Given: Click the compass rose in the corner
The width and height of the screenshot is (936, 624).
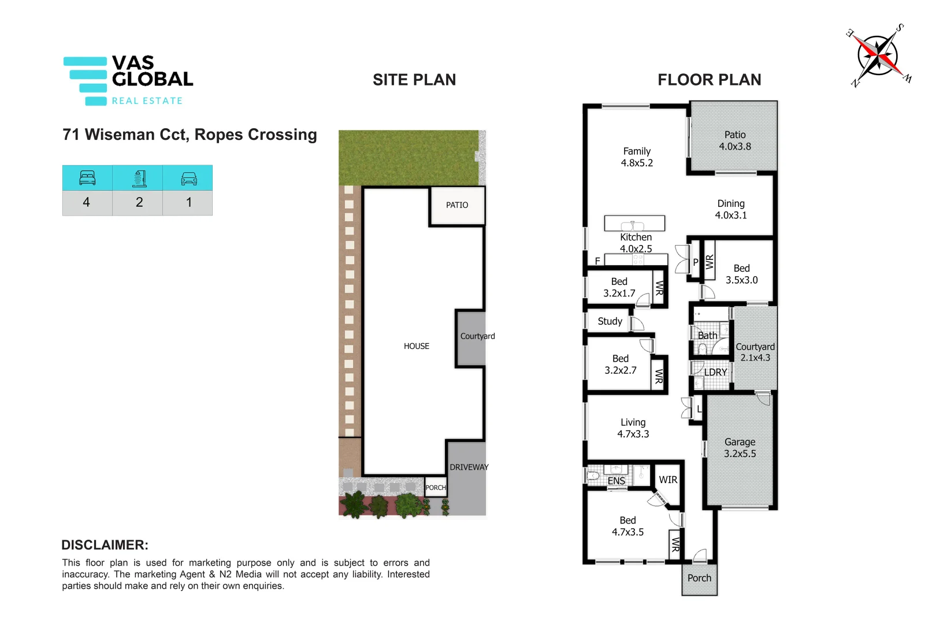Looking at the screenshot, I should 878,55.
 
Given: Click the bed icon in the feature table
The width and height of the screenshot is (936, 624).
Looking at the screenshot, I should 87,178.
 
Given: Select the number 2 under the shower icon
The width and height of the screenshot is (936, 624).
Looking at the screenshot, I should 139,202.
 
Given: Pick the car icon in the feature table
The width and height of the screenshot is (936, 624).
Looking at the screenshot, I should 188,178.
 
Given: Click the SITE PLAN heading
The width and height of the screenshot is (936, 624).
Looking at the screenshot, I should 414,80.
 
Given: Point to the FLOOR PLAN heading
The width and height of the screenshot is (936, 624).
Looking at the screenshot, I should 709,80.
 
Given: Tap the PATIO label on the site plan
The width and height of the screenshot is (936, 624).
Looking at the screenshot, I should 457,205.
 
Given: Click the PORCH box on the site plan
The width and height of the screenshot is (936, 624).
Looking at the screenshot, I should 436,487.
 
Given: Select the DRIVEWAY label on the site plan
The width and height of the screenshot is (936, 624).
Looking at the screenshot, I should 469,467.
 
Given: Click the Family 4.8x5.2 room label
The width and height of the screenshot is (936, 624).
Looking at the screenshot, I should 637,157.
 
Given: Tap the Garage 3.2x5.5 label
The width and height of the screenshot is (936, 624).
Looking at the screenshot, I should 740,448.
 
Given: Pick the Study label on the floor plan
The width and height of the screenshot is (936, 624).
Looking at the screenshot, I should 610,321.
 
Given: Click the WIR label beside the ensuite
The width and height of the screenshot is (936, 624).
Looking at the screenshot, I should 668,480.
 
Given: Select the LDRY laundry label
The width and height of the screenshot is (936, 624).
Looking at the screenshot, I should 715,372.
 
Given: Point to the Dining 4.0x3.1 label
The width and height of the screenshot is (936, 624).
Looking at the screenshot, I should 731,209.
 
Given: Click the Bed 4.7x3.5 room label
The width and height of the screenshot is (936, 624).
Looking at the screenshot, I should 627,526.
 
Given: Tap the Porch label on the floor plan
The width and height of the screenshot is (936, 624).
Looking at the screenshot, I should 699,578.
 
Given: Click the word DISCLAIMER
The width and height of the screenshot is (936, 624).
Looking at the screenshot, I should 105,545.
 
